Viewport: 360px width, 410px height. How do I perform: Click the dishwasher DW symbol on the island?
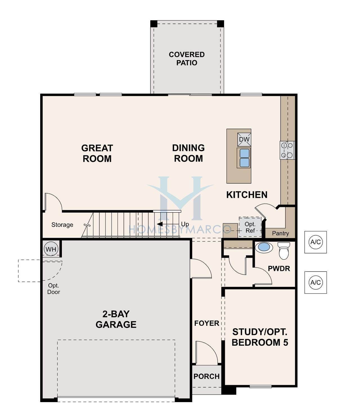(244, 139)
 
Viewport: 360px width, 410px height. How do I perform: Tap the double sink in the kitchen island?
(244, 158)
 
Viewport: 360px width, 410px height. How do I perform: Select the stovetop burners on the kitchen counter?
(287, 150)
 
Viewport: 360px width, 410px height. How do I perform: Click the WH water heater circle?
(51, 249)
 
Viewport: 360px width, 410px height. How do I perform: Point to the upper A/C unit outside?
(316, 242)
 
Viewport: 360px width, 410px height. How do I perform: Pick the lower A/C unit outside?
(316, 282)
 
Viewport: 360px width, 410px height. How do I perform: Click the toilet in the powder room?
(284, 251)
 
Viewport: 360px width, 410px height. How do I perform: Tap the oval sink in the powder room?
(264, 247)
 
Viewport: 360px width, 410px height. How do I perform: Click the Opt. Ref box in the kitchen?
(250, 227)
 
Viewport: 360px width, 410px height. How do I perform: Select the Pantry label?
(280, 233)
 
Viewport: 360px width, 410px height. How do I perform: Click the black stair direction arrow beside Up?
(160, 224)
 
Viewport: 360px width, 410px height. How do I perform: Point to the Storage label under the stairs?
(62, 225)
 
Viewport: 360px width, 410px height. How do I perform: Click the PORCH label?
(206, 376)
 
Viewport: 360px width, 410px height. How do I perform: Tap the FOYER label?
(207, 323)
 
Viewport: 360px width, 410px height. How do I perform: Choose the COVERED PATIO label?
(186, 59)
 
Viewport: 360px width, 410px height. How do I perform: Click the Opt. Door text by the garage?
(54, 289)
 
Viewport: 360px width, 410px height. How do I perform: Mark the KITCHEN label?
(247, 195)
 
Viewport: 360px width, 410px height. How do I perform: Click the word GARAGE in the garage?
(116, 325)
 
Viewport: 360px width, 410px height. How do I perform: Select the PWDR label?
(279, 269)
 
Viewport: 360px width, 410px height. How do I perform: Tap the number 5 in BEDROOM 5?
(286, 342)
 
